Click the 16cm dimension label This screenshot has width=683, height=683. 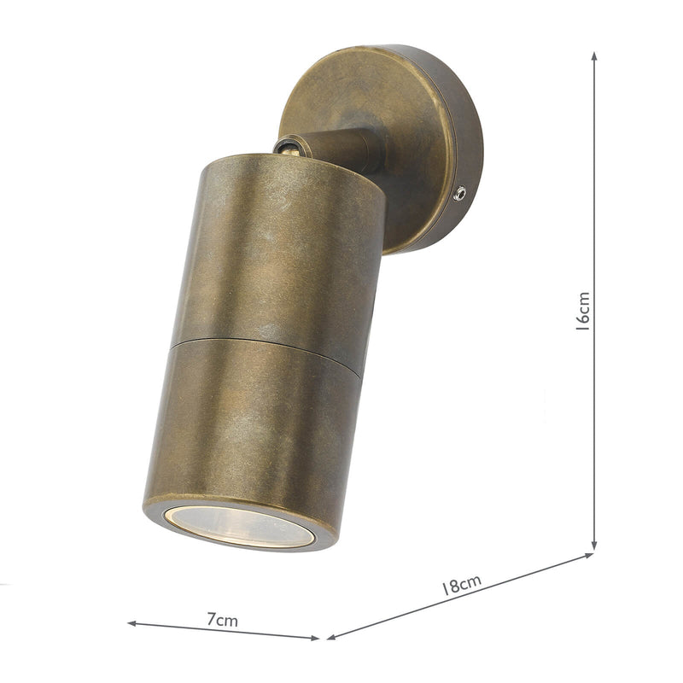tap(583, 311)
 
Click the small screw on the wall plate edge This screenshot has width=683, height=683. tap(460, 194)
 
